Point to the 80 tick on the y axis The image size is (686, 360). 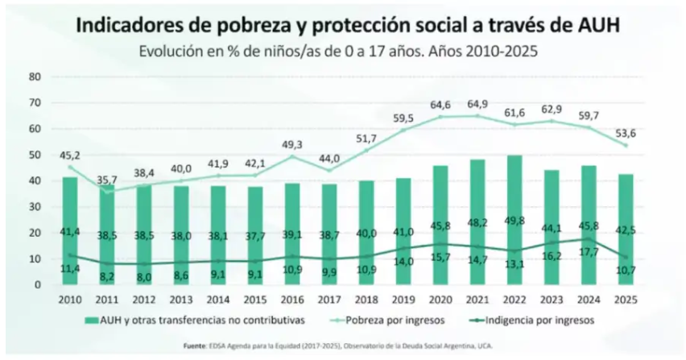click(x=35, y=77)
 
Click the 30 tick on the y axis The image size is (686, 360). click(x=35, y=207)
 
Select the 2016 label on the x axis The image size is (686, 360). click(x=291, y=298)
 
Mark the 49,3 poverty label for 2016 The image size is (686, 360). click(x=292, y=144)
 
